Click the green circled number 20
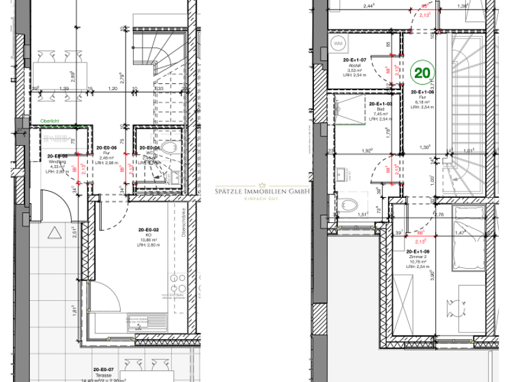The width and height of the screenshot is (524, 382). click(422, 70)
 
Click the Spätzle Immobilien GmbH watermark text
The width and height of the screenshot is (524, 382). click(262, 192)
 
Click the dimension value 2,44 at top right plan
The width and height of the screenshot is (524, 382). click(368, 6)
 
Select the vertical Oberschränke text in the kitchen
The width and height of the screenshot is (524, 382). click(186, 222)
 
